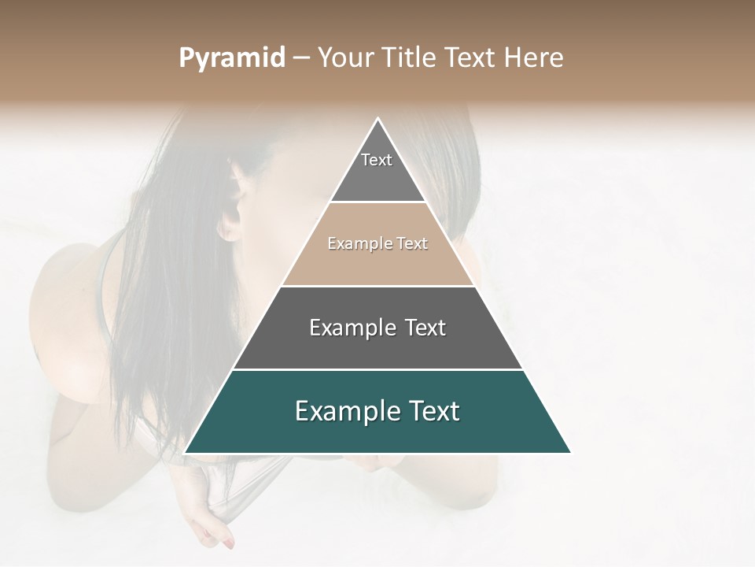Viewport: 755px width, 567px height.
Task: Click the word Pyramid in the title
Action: tap(232, 58)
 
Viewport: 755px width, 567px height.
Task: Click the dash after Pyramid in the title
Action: tap(300, 59)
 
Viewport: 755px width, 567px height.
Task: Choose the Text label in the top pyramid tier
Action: tap(377, 161)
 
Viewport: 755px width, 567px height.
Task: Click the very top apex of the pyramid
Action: tap(378, 119)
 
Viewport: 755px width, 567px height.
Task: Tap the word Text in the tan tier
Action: tap(412, 244)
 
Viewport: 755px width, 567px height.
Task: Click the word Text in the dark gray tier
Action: tap(425, 328)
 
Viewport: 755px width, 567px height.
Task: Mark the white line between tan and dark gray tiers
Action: tap(377, 286)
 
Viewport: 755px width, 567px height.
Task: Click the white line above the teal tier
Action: tap(377, 369)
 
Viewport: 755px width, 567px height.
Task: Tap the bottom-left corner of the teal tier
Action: tap(186, 452)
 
